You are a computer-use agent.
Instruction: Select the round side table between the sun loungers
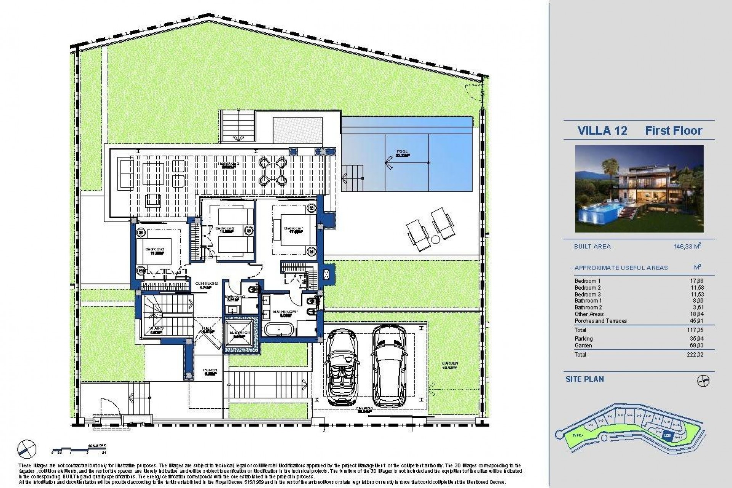coord(435,239)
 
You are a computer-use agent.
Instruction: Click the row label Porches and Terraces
coord(601,321)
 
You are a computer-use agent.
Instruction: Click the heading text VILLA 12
coord(602,131)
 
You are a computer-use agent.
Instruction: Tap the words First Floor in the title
coord(673,131)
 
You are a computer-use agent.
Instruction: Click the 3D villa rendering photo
coord(639,189)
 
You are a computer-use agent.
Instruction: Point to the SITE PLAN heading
coord(584,379)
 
